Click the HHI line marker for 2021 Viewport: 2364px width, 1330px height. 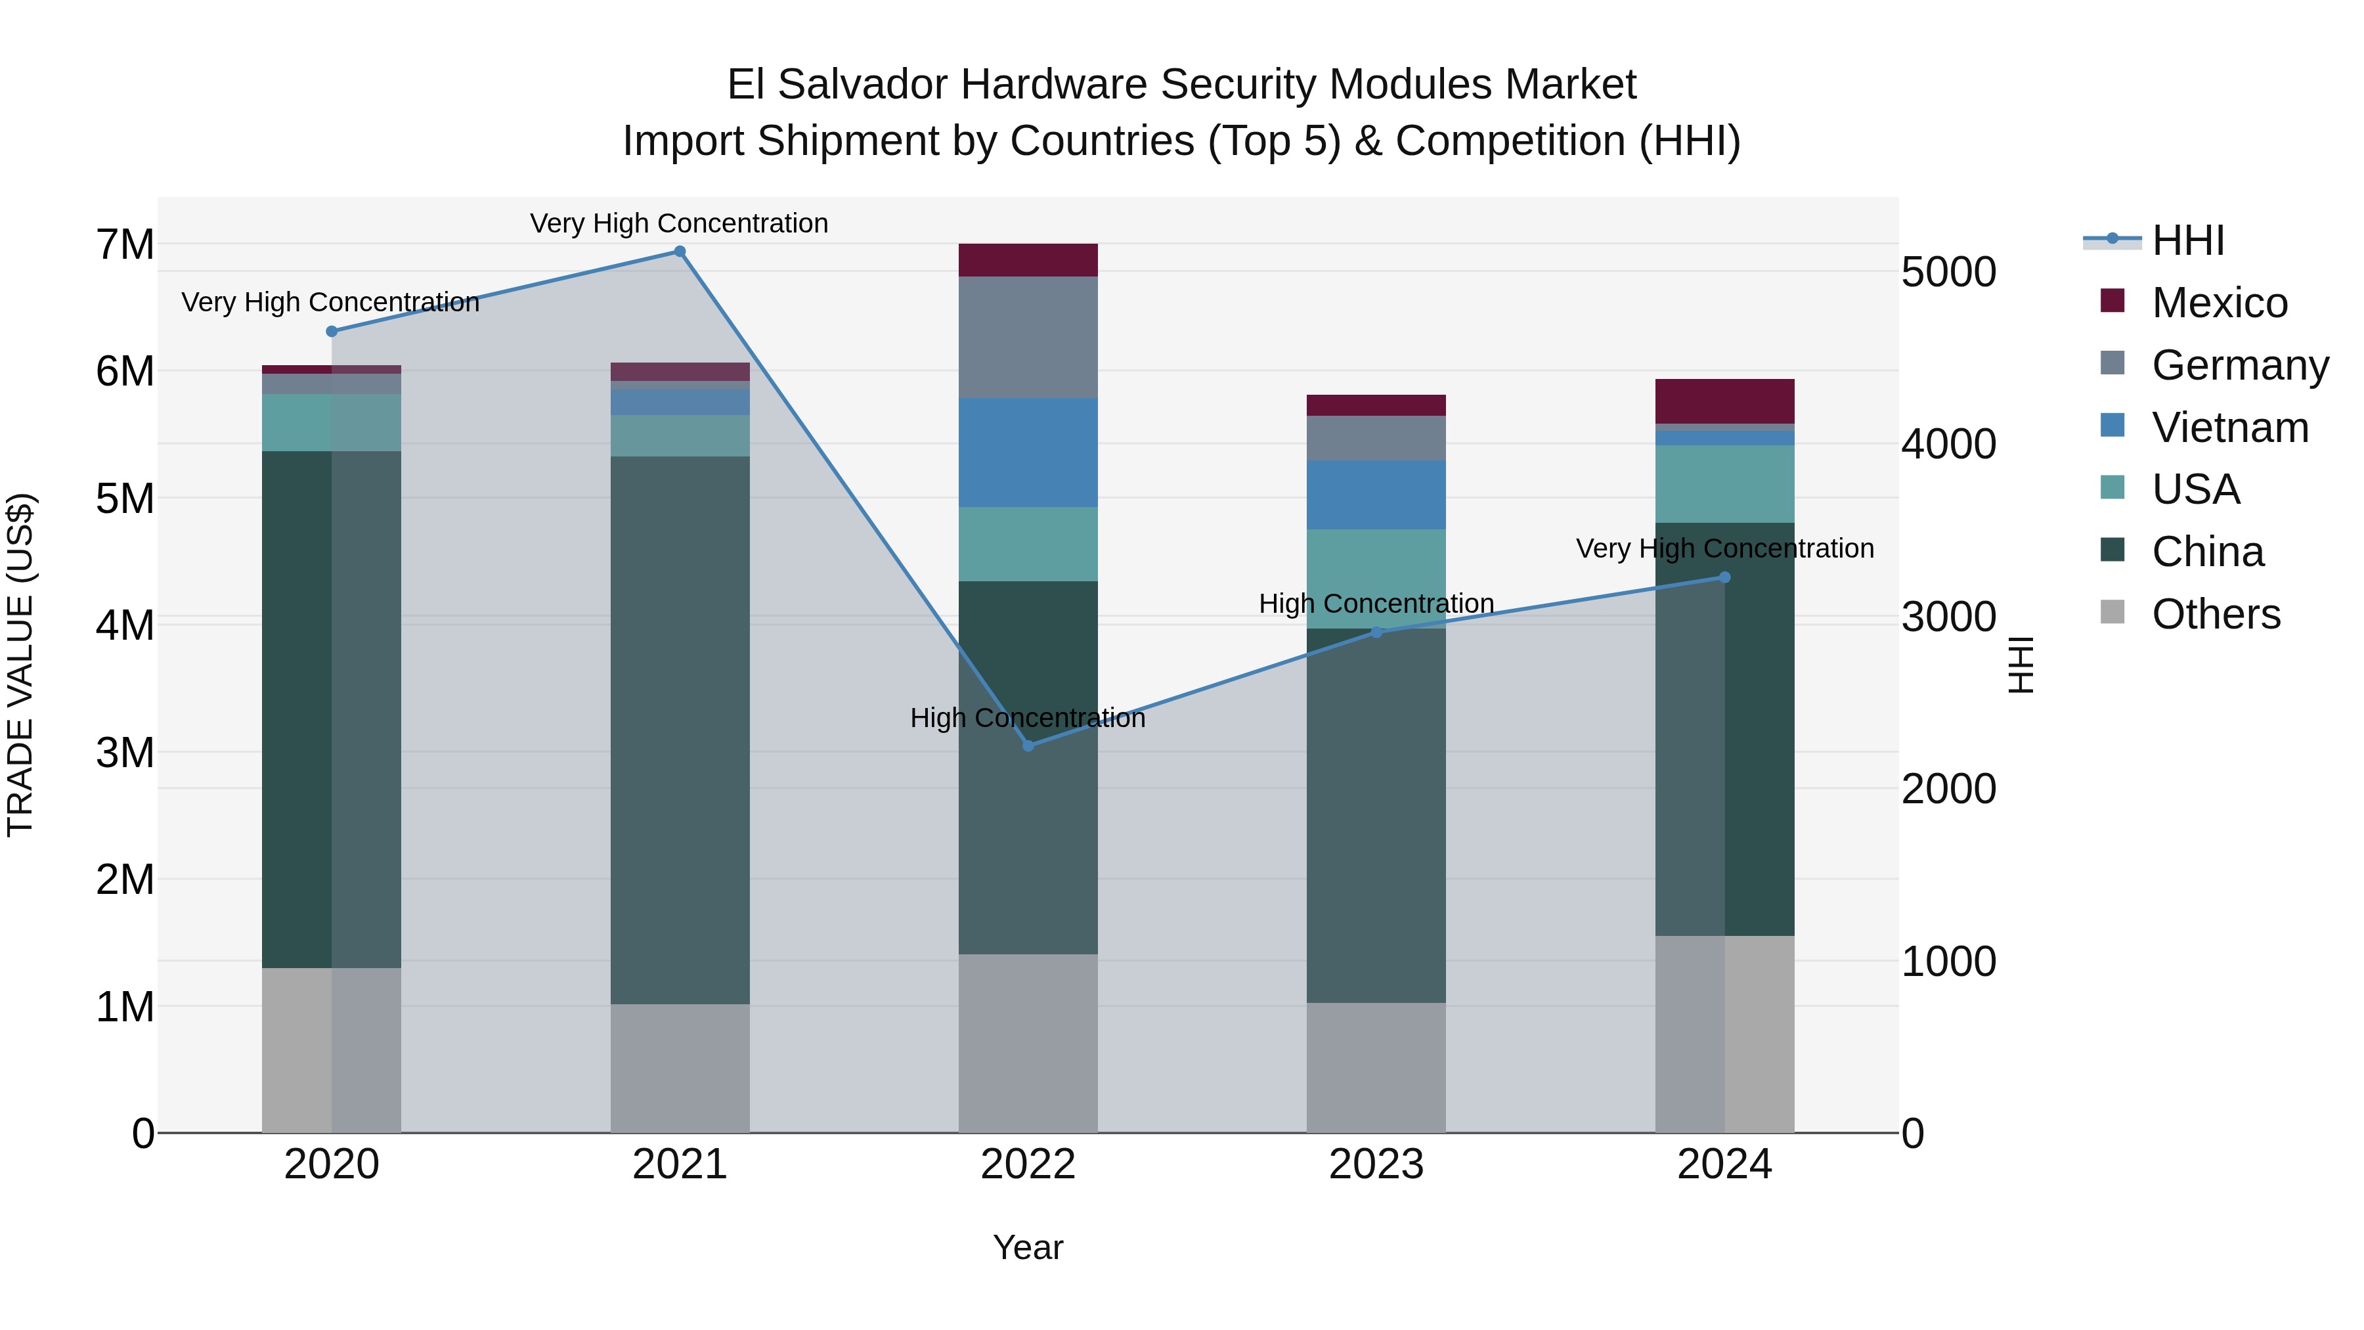[680, 252]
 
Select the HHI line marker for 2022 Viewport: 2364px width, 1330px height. [1028, 746]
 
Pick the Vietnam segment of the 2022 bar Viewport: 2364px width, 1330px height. [1028, 453]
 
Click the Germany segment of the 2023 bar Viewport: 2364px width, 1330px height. [1376, 438]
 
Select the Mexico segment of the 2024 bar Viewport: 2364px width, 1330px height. [1724, 401]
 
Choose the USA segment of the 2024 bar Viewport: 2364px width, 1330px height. [1724, 483]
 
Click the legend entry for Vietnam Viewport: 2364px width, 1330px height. [2229, 428]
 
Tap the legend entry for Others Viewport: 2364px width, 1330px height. [2216, 614]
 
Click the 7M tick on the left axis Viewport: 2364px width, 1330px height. [125, 245]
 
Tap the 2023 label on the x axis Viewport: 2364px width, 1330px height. [1376, 1164]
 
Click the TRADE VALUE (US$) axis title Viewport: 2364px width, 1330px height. [20, 665]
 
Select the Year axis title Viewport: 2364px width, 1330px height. [1028, 1247]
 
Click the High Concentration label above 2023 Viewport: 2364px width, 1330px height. [1376, 604]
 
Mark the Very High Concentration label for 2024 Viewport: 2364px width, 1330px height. [1724, 549]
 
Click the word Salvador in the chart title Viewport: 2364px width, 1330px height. [863, 85]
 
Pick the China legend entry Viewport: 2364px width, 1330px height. [2207, 552]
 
